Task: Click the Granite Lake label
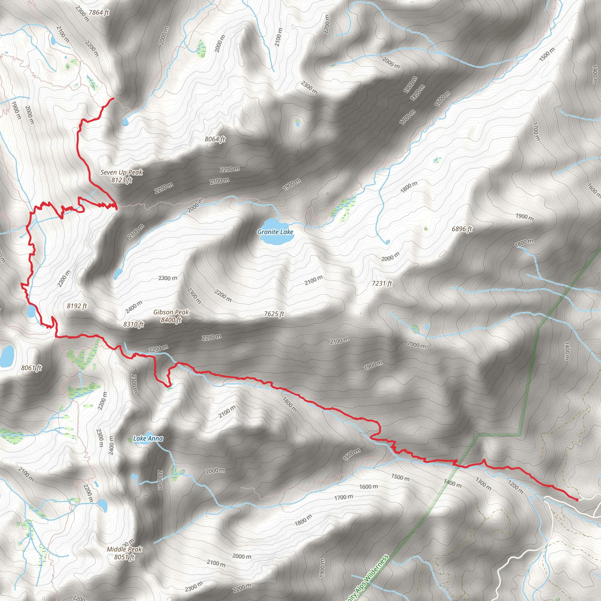tap(275, 232)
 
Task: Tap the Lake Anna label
tap(148, 439)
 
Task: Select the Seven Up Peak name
tap(121, 172)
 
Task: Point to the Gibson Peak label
tap(171, 312)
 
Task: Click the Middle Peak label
tap(124, 549)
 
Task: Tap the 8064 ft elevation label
tap(215, 139)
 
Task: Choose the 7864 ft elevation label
tap(99, 13)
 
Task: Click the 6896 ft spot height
tap(462, 229)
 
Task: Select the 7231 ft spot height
tap(382, 283)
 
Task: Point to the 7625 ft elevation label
tap(274, 314)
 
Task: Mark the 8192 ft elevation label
tap(77, 306)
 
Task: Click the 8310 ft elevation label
tap(134, 325)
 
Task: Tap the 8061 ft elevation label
tap(31, 368)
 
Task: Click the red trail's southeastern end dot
tap(577, 500)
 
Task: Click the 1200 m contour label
tap(515, 487)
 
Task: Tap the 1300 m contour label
tap(483, 484)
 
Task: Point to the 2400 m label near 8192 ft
tap(134, 307)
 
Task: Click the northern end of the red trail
tap(113, 99)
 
